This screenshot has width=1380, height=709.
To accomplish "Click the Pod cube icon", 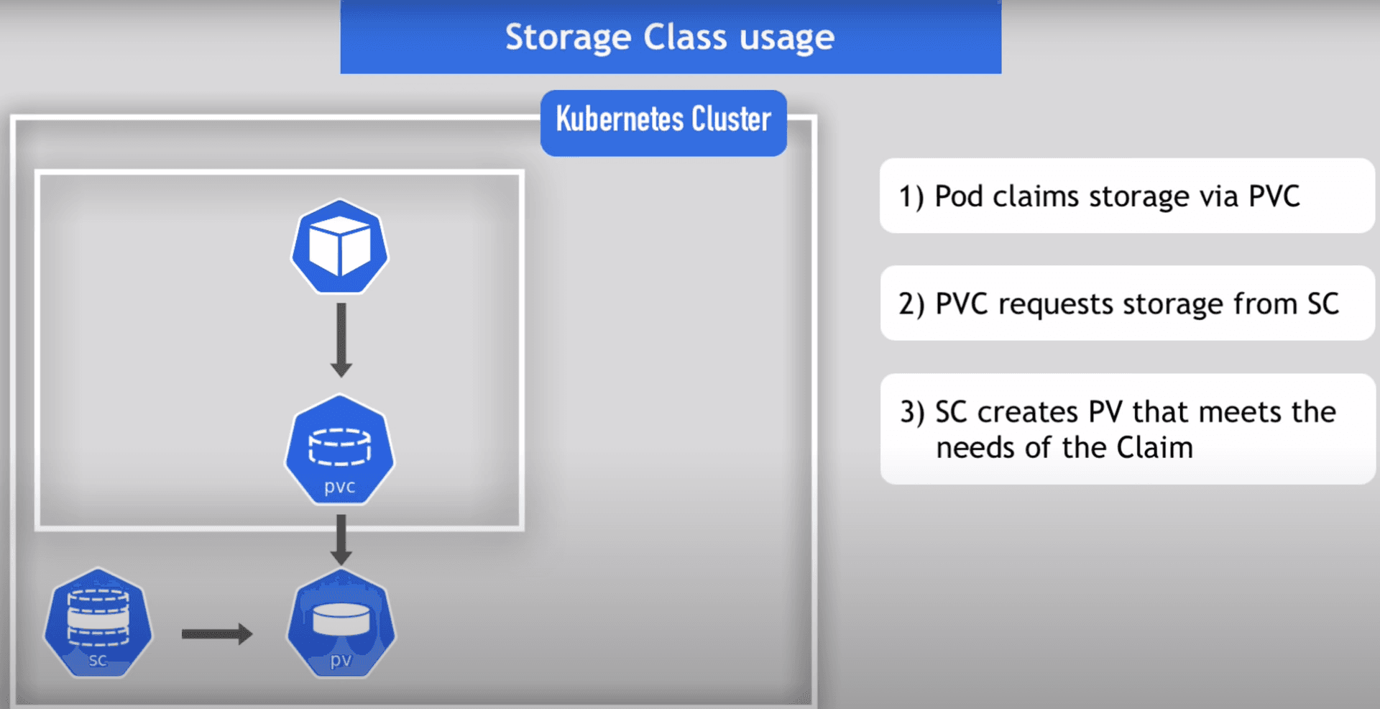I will (x=339, y=247).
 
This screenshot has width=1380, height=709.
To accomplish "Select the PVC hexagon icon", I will (x=339, y=449).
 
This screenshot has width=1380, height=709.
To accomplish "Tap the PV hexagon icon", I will (x=341, y=623).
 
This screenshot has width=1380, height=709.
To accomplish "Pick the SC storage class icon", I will (x=98, y=623).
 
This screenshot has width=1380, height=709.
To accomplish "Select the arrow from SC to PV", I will (x=216, y=633).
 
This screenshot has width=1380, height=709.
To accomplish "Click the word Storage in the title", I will (x=568, y=37).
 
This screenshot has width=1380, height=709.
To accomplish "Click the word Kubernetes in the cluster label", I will (x=619, y=119).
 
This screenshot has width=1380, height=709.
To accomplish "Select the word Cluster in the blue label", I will (x=731, y=119).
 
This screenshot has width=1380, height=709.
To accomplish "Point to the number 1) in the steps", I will (x=911, y=196).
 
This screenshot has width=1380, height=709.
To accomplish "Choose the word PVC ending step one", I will (x=1274, y=196).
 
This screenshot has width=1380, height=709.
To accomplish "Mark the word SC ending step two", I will (x=1322, y=304).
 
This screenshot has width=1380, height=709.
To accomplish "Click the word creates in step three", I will (x=1028, y=412).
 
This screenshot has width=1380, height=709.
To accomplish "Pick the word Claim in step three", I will (x=1154, y=448).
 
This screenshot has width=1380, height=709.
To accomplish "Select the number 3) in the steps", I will (x=912, y=412).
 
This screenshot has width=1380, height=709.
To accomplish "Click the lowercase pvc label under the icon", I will (x=339, y=487).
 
